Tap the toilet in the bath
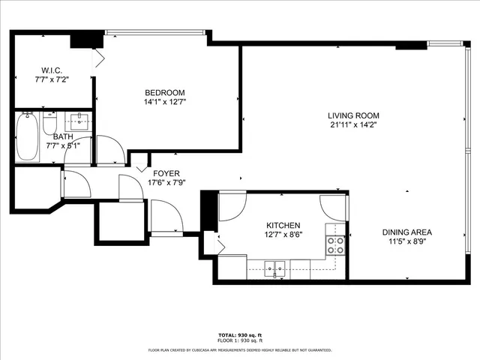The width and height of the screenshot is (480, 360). click(x=50, y=123)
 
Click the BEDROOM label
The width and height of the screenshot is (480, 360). click(x=164, y=92)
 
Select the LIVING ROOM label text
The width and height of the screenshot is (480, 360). click(x=353, y=115)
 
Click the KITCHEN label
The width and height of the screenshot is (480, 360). click(x=283, y=225)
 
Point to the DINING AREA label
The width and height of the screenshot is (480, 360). click(x=406, y=232)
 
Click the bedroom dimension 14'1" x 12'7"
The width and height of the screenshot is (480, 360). click(x=164, y=102)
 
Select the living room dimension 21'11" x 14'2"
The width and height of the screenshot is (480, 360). click(x=353, y=125)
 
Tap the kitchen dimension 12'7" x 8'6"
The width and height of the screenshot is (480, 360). click(x=283, y=235)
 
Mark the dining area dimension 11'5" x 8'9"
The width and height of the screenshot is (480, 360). click(x=406, y=241)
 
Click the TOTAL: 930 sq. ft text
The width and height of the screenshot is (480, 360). click(x=240, y=334)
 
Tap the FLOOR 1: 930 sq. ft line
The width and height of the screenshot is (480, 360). click(x=240, y=340)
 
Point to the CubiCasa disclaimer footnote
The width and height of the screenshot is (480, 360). click(x=240, y=349)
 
